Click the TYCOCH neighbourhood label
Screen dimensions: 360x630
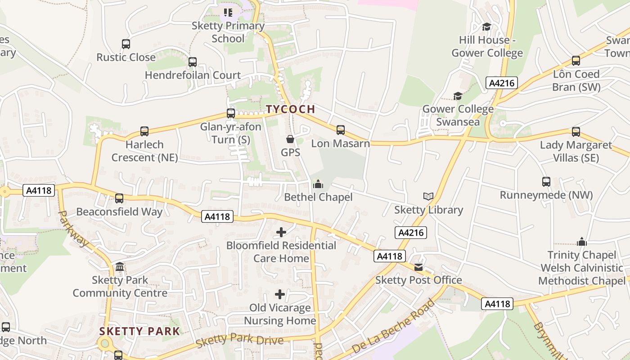click(x=290, y=109)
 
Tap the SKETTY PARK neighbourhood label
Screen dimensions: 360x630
click(x=139, y=332)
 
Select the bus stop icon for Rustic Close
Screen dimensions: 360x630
click(x=126, y=44)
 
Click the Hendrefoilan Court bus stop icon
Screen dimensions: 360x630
click(x=193, y=62)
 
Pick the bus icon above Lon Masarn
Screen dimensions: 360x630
click(x=341, y=130)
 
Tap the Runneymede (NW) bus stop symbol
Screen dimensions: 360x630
click(x=546, y=182)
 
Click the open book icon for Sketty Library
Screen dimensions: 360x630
click(x=428, y=197)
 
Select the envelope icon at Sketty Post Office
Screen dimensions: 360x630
click(x=418, y=267)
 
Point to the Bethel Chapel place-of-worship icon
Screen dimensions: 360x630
click(x=318, y=184)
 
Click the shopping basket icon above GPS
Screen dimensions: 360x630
click(x=290, y=139)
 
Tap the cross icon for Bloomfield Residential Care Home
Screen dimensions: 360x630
click(x=281, y=232)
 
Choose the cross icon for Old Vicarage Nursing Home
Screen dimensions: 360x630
click(x=280, y=295)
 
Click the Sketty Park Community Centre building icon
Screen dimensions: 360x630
click(x=120, y=267)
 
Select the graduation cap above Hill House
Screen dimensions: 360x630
click(x=486, y=27)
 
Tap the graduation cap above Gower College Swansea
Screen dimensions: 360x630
click(x=458, y=96)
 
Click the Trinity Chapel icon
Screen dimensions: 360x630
click(x=582, y=242)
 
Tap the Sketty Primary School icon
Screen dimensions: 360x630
click(x=228, y=13)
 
